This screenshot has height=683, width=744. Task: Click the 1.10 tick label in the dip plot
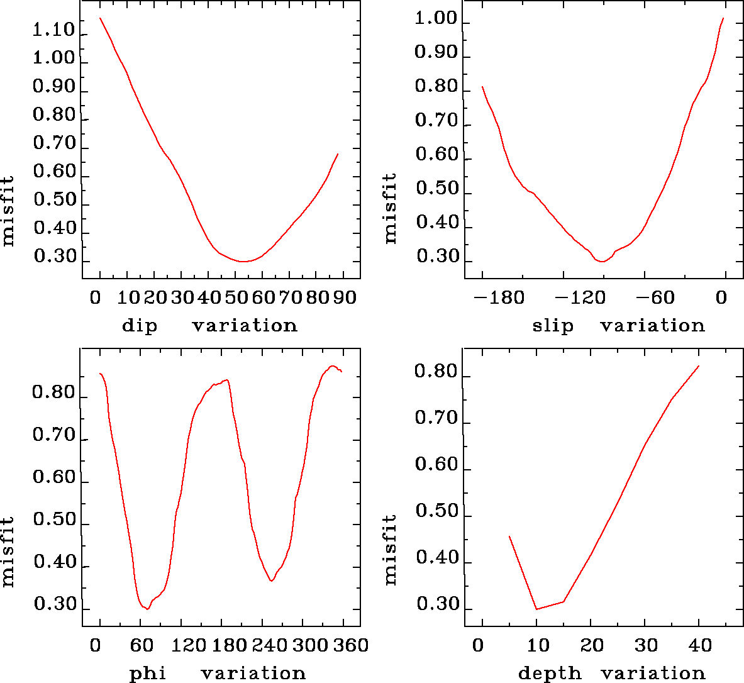[54, 30]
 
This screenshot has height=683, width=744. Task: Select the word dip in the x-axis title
[139, 326]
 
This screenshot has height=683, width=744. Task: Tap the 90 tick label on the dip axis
[345, 297]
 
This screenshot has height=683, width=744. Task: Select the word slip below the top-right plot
[553, 326]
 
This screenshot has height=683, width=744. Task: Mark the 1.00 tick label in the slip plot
[436, 19]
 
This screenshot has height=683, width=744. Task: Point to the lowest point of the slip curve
[602, 261]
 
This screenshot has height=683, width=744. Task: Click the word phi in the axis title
[148, 674]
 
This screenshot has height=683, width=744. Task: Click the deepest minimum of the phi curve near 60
[147, 609]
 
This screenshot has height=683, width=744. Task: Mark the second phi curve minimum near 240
[271, 580]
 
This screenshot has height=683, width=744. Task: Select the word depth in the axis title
[550, 674]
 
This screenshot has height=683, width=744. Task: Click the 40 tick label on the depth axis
[699, 645]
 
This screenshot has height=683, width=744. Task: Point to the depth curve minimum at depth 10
[536, 609]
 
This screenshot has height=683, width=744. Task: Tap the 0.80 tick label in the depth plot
[436, 372]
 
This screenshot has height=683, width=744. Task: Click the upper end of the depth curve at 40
[699, 366]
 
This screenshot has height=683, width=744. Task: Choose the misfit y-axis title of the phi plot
[8, 552]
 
